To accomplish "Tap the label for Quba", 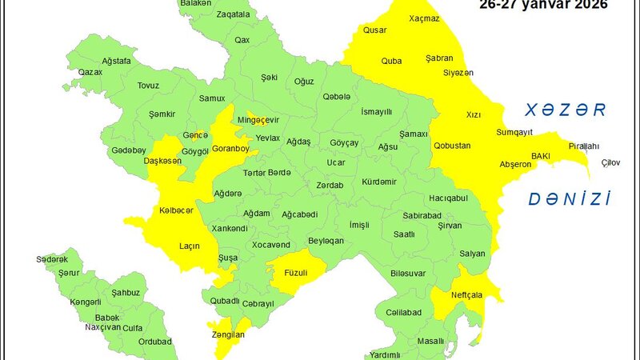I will [x=391, y=60].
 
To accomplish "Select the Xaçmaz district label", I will [x=424, y=18].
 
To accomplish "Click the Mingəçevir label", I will [x=258, y=120].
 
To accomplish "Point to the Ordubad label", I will [x=154, y=342].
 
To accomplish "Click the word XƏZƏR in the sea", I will [x=561, y=110].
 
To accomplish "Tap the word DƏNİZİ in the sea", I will [x=569, y=198].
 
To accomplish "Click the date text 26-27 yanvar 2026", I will [x=543, y=4].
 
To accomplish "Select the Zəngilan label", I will [x=227, y=335].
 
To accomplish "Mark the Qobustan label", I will [x=452, y=146].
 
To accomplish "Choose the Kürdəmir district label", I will [x=379, y=182].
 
